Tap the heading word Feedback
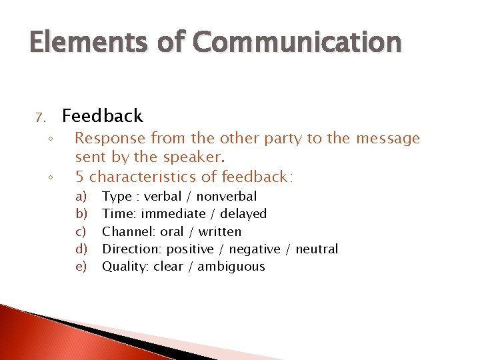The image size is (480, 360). point(102,116)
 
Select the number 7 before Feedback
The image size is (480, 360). point(39,118)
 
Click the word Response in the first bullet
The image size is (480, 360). point(110,139)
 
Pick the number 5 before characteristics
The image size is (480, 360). point(79,177)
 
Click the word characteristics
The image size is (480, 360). point(141,177)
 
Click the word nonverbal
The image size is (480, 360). point(226,196)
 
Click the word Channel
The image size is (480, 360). point(125,231)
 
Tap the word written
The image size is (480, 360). point(219,231)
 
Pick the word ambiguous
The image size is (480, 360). point(232,267)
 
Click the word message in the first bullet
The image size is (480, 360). point(388,139)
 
